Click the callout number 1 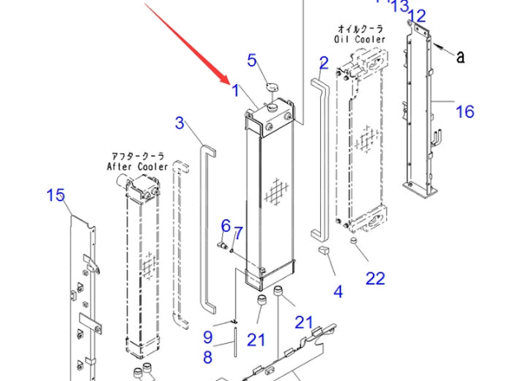coord(236,91)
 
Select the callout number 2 coord(323,63)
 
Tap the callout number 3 coord(179,124)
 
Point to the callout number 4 coord(337,290)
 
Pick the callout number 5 coord(252,59)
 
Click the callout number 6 coord(224,226)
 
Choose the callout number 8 coord(208,357)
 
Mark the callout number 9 coord(208,336)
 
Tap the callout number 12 coord(418,15)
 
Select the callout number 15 coord(55,195)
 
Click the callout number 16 coord(465,111)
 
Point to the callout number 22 coord(375,279)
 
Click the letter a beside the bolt coord(460,56)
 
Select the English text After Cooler coord(137,166)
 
